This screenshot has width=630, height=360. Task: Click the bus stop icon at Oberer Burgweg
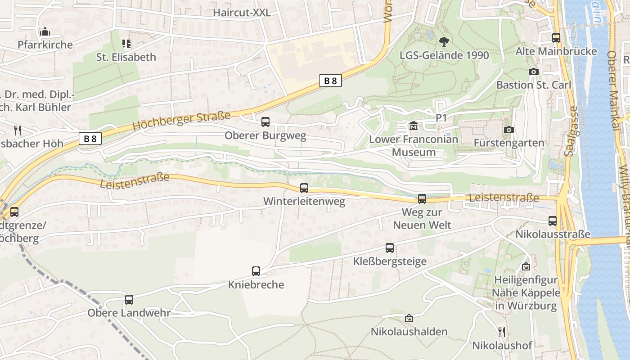[x=265, y=121]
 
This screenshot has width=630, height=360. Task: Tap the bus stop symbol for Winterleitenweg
[x=304, y=188]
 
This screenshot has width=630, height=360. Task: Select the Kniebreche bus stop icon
[x=256, y=271]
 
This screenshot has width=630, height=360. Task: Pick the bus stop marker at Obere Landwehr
[x=129, y=299]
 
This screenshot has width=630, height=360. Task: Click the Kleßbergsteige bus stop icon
[x=390, y=247]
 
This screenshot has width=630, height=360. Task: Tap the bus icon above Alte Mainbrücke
[x=556, y=38]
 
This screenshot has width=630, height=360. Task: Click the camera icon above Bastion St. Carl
[x=534, y=72]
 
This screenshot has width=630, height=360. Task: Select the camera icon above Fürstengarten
[x=509, y=130]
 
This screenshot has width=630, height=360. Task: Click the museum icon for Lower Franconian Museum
[x=414, y=126]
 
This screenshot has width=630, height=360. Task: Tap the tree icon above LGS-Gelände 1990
[x=444, y=42]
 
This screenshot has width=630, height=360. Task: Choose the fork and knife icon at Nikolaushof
[x=502, y=332]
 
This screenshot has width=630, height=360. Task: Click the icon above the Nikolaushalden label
[x=409, y=318]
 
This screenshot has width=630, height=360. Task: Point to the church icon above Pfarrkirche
[x=45, y=31]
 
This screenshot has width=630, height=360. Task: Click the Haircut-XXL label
[x=242, y=13]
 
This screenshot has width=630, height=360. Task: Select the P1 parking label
[x=441, y=117]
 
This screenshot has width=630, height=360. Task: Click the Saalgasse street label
[x=571, y=131]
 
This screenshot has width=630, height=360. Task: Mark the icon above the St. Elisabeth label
[x=126, y=44]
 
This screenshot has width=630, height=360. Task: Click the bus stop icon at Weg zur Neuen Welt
[x=422, y=198]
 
